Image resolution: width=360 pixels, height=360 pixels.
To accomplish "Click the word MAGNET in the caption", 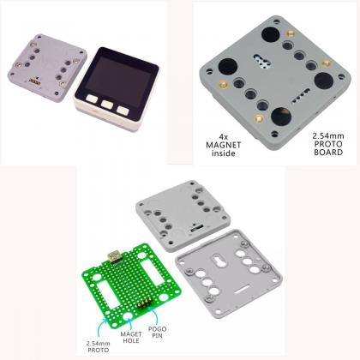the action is point(224,145).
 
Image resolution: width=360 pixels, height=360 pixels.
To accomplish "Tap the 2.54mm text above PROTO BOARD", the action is point(328,135).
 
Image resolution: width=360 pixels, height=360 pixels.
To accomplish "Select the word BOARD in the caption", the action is point(328,153).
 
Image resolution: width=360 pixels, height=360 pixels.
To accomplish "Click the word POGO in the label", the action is point(157,329).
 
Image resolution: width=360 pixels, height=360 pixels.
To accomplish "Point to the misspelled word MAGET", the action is point(131,334).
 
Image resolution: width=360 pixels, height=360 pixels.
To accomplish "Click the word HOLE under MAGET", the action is point(131,340).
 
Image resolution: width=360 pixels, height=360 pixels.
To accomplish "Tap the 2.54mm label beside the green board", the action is point(98,344).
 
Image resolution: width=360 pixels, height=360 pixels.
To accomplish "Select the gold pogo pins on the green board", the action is point(144,303).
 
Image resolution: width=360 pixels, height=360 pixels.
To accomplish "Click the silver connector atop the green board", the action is point(114,257).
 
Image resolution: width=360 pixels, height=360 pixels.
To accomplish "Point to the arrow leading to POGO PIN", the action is point(154,315).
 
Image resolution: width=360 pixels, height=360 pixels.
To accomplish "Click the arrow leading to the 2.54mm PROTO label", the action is point(101,328).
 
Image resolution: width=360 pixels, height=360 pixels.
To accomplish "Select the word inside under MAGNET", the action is point(224,153).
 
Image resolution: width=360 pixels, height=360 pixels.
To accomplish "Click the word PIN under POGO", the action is point(157,336).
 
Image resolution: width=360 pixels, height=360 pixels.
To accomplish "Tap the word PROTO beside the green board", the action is point(99,350).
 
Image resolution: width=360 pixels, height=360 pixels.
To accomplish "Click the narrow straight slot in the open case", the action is point(242,290).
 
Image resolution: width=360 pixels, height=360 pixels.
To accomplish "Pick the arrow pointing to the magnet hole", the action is point(130,323).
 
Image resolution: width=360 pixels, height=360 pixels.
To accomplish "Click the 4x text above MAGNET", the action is point(224,137).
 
